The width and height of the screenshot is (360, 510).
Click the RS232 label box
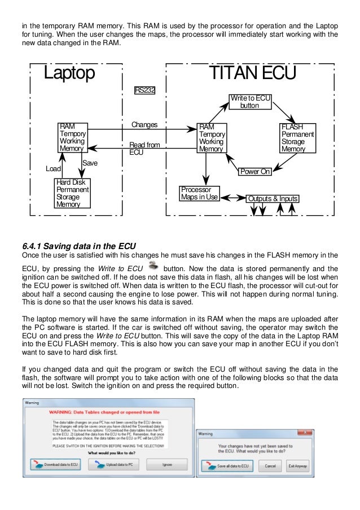pos(144,90)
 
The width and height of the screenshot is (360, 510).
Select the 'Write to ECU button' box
pos(249,102)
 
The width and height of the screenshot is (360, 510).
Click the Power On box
pos(254,171)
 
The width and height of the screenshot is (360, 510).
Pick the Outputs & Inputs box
pos(273,199)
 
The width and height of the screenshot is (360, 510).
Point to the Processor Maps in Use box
pos(199,194)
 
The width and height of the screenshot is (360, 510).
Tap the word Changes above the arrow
pos(144,124)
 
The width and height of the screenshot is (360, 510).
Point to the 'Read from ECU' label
pos(144,149)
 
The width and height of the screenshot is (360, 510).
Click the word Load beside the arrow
pos(53,169)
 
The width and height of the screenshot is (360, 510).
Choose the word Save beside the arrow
pos(90,163)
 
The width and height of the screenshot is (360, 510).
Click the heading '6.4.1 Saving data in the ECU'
pos(78,245)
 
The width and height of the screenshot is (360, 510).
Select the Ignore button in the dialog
pos(166,464)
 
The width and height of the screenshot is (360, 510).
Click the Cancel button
pos(270,466)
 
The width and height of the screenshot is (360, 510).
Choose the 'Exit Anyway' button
pos(298,466)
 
